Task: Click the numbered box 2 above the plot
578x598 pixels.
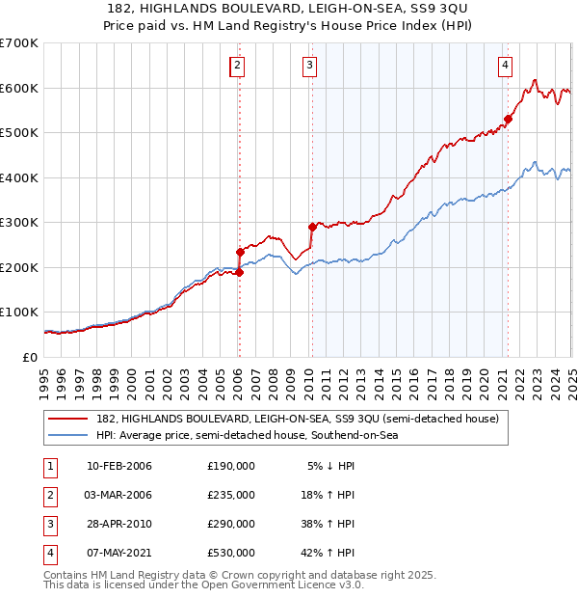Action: pyautogui.click(x=237, y=66)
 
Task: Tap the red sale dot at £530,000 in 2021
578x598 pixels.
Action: pyautogui.click(x=507, y=120)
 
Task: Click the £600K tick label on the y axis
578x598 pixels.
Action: pyautogui.click(x=19, y=88)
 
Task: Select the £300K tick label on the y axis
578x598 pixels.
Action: pyautogui.click(x=19, y=222)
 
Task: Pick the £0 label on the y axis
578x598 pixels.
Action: pyautogui.click(x=29, y=357)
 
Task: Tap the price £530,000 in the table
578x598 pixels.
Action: pyautogui.click(x=231, y=553)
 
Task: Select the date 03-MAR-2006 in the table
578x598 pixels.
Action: pyautogui.click(x=119, y=495)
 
